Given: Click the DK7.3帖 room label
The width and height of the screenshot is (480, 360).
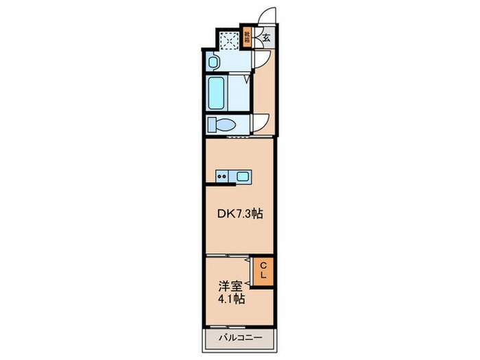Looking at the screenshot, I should point(240,214).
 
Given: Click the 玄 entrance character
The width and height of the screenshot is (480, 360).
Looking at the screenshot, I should point(265,38).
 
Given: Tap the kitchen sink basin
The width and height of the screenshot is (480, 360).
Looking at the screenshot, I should point(243,176).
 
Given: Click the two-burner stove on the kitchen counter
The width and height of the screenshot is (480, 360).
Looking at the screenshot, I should point(223,176).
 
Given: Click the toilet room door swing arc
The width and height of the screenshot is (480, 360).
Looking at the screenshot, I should point(261,121).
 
